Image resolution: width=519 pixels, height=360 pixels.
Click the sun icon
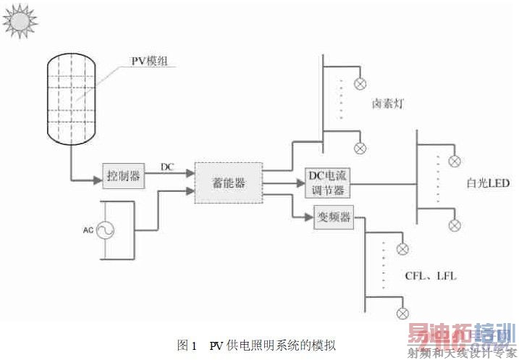(x=20, y=21)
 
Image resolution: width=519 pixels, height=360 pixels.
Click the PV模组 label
(x=149, y=62)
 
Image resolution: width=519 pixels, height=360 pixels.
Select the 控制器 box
(x=124, y=176)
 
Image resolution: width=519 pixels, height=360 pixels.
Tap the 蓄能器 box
(x=229, y=183)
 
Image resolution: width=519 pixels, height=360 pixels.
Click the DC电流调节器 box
(x=327, y=183)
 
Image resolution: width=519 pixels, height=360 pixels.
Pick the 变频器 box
(x=334, y=217)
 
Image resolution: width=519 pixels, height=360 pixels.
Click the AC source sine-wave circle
(x=105, y=230)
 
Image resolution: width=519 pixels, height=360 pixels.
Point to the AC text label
(x=88, y=230)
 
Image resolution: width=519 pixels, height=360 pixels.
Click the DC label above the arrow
(x=167, y=167)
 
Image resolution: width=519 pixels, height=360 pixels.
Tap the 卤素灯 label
(x=388, y=104)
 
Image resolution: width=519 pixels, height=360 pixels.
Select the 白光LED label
(x=488, y=183)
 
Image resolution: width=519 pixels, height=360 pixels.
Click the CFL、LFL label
(x=431, y=275)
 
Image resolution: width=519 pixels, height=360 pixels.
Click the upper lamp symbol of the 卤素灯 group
(x=360, y=84)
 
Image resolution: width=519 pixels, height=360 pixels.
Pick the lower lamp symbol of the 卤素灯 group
(x=360, y=148)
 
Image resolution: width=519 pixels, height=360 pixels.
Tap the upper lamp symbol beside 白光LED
(x=455, y=162)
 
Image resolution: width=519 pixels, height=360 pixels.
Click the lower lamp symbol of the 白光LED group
(x=455, y=225)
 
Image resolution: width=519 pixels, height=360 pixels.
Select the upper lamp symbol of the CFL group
(x=402, y=249)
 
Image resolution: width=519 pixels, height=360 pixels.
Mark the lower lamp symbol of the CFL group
(x=402, y=314)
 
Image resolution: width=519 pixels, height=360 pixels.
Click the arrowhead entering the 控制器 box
(x=98, y=180)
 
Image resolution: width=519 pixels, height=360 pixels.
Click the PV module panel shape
(x=71, y=99)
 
